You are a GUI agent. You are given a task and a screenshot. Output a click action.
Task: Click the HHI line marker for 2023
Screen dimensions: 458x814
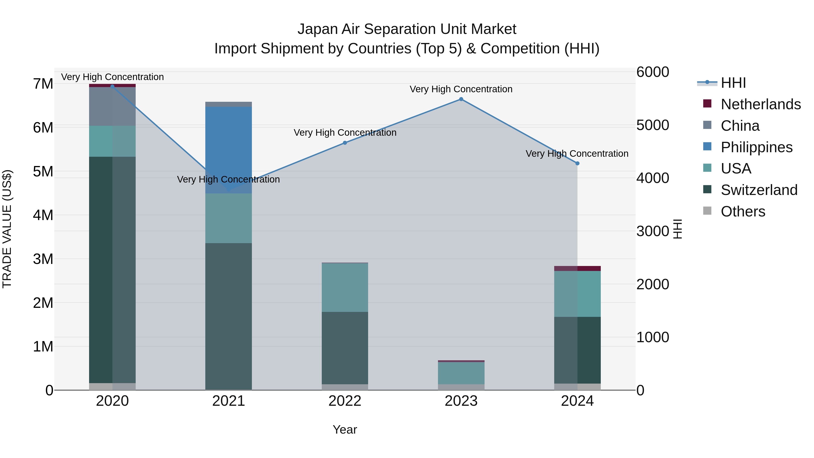[x=461, y=99]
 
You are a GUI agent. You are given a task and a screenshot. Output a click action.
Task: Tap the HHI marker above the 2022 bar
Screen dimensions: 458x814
[x=345, y=143]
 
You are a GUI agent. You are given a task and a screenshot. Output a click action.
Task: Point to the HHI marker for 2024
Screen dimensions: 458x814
[x=577, y=164]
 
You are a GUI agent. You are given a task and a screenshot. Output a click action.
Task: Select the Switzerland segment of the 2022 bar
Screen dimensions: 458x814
[x=345, y=348]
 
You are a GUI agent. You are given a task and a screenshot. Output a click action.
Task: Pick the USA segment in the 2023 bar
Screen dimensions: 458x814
[x=461, y=373]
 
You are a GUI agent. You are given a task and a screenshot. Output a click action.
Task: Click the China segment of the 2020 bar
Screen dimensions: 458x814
[x=112, y=107]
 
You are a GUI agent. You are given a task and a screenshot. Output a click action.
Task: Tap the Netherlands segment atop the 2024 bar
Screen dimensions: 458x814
[x=577, y=268]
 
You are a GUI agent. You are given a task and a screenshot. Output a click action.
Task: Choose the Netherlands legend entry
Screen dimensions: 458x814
[x=760, y=104]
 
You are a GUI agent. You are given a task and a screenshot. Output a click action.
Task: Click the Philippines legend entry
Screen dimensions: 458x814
[x=756, y=147]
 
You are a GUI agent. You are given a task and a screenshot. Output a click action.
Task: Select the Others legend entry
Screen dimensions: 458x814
[x=743, y=211]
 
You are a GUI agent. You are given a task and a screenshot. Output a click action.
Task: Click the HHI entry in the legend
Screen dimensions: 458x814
[x=733, y=83]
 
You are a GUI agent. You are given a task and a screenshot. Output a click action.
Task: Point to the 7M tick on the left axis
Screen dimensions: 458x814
[x=43, y=84]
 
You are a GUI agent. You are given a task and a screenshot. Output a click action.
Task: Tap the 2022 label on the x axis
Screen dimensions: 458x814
[x=345, y=401]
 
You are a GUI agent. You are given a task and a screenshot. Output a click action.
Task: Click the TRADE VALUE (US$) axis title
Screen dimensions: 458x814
[x=7, y=229]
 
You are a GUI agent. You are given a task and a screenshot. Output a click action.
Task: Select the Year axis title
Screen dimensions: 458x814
[x=345, y=430]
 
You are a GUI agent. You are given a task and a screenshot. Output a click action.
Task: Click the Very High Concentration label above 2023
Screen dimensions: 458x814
[x=461, y=89]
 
